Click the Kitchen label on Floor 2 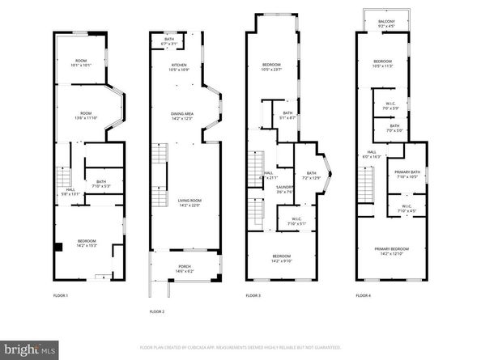[179, 67]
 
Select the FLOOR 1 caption [62, 296]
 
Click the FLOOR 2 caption [157, 311]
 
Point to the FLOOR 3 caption [253, 296]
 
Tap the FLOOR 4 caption [363, 296]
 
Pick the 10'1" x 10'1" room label [82, 63]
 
